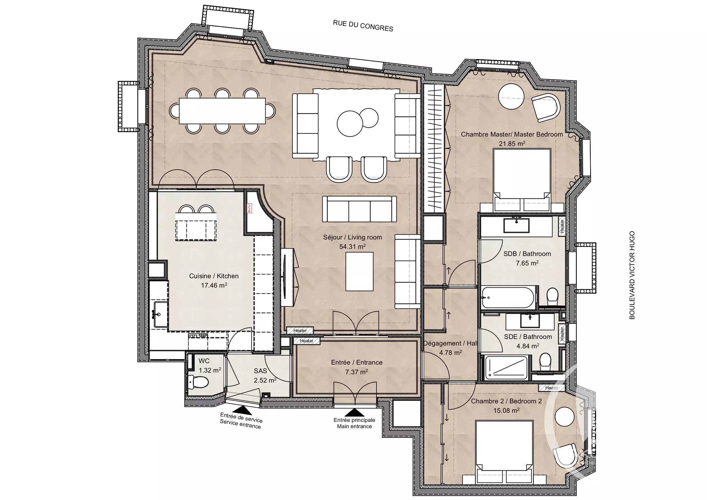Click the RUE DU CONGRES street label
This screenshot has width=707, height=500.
tap(363, 26)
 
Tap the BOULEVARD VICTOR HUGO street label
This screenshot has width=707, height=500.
tap(632, 275)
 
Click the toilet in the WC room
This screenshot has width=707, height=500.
tap(199, 383)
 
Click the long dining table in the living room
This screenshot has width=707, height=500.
tap(222, 111)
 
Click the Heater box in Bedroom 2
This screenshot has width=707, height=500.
tap(552, 388)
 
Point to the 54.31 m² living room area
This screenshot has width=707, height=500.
tap(353, 247)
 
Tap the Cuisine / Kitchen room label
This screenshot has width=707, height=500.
tap(214, 276)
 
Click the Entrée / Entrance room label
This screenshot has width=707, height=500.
tap(357, 363)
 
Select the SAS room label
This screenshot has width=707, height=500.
tap(260, 371)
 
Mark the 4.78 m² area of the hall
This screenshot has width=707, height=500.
tap(451, 352)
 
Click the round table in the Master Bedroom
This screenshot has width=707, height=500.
tap(511, 97)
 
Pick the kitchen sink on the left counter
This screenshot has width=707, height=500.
tap(161, 314)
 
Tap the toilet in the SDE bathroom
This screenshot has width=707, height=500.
tap(546, 362)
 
